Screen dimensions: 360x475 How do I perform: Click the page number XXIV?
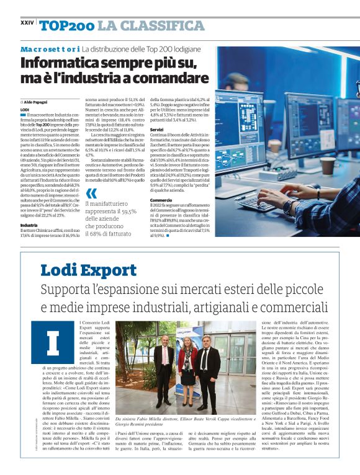click(x=27, y=22)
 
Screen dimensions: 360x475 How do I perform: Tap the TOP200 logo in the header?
click(x=66, y=26)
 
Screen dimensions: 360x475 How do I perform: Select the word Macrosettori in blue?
click(x=49, y=48)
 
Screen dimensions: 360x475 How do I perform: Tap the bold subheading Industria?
click(x=29, y=225)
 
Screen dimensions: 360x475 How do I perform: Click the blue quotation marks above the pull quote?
click(x=91, y=194)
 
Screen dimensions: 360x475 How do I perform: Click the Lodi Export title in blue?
click(x=88, y=271)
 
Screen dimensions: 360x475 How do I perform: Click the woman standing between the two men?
click(x=188, y=366)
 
